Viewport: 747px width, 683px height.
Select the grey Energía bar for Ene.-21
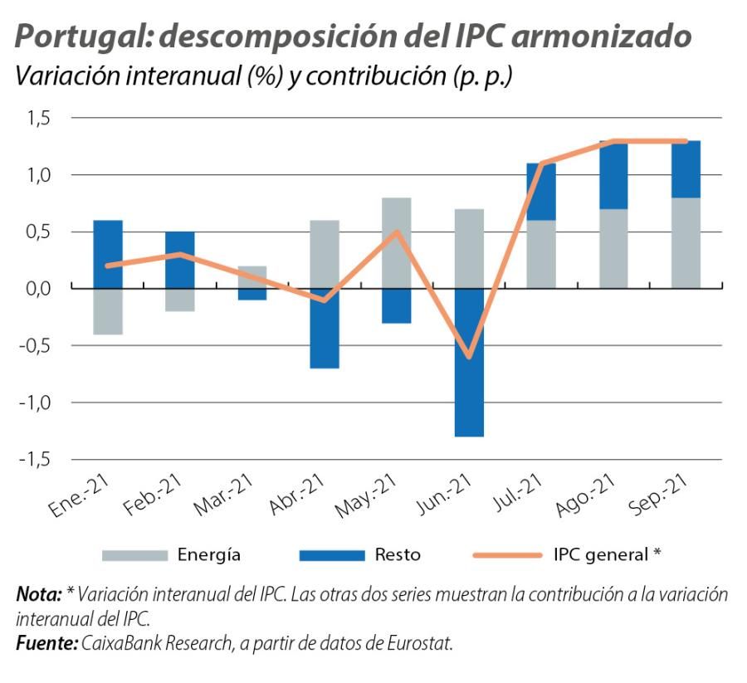click(x=108, y=311)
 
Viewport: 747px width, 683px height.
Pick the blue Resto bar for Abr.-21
click(x=325, y=328)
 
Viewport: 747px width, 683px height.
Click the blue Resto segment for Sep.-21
click(x=686, y=169)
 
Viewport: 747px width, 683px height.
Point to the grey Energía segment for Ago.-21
click(x=613, y=248)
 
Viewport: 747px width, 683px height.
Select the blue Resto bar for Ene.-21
click(x=108, y=254)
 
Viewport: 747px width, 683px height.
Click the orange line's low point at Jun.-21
click(x=469, y=357)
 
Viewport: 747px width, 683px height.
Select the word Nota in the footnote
click(x=38, y=595)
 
